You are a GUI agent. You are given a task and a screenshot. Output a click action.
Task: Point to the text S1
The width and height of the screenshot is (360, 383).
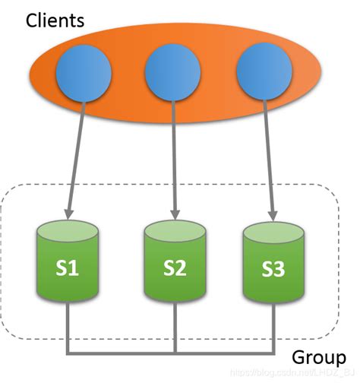[x=69, y=267]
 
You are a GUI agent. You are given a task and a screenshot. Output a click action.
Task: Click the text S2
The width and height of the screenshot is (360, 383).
[x=175, y=267]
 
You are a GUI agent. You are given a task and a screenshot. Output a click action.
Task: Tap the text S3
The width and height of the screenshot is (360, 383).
[x=273, y=267]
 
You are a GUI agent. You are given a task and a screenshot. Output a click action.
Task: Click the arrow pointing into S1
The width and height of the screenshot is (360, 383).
[x=75, y=160]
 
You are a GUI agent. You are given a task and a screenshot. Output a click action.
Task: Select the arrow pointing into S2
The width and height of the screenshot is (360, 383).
[x=175, y=160]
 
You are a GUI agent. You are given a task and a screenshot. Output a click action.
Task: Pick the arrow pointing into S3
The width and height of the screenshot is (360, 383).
[x=269, y=160]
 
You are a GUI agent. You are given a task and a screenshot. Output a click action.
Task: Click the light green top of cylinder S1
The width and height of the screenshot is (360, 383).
[x=69, y=229]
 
